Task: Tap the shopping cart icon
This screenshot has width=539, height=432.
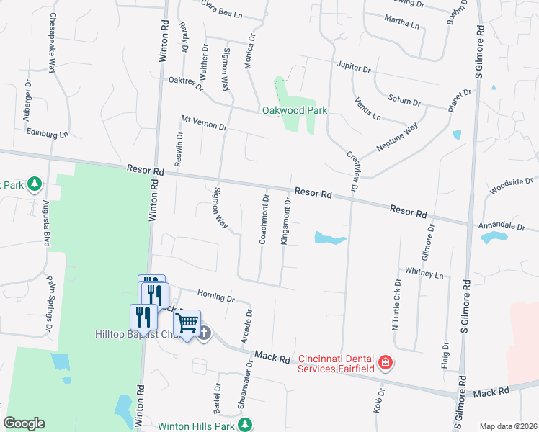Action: pyautogui.click(x=187, y=323)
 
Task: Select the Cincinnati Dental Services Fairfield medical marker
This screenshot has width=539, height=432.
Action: pyautogui.click(x=386, y=361)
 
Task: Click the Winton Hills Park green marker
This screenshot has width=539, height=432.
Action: pyautogui.click(x=246, y=424)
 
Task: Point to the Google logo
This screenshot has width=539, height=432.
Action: pyautogui.click(x=24, y=423)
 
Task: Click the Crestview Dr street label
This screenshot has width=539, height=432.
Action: pyautogui.click(x=352, y=171)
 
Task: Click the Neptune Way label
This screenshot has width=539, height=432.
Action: pyautogui.click(x=397, y=138)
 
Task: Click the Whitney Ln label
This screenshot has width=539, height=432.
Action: pyautogui.click(x=424, y=274)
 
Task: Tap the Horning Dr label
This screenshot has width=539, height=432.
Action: pyautogui.click(x=216, y=296)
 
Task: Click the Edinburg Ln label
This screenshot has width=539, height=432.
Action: pyautogui.click(x=46, y=134)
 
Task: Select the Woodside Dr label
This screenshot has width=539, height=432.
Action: pyautogui.click(x=511, y=186)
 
